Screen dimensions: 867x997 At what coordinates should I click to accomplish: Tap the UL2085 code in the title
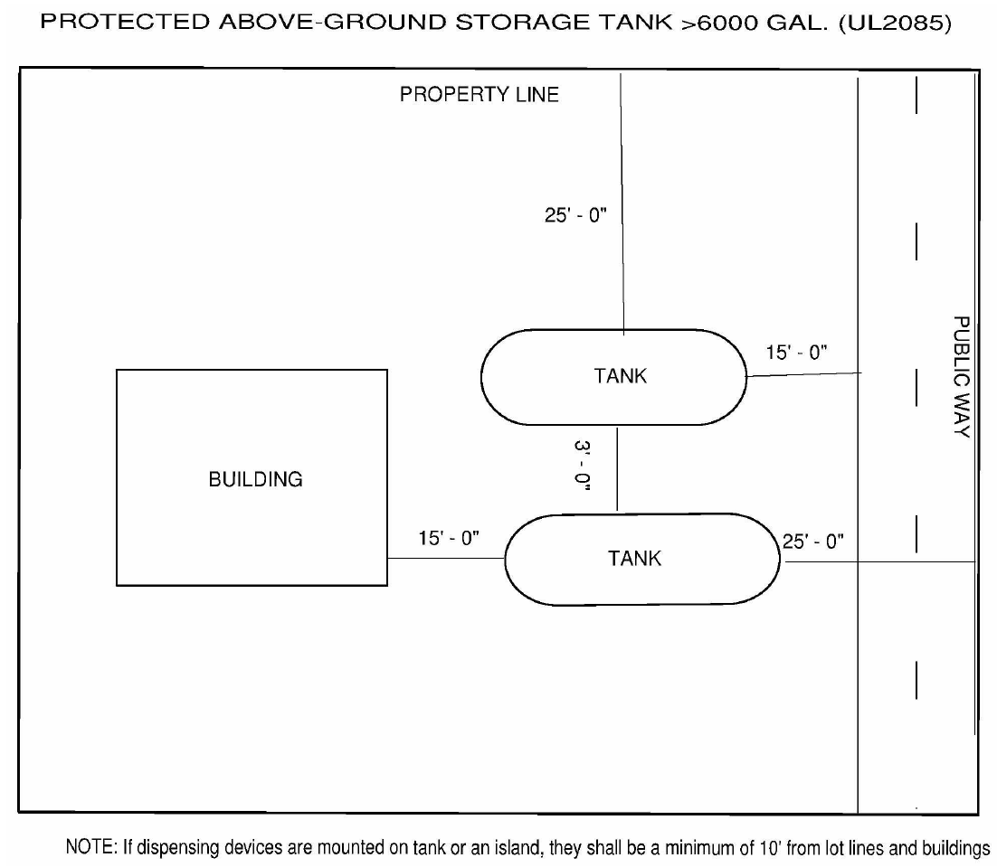click(x=896, y=24)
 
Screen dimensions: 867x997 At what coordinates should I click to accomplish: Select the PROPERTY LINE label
click(x=480, y=94)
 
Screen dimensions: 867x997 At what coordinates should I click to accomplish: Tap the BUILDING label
click(x=255, y=479)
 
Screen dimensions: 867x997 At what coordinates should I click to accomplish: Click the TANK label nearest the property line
click(x=621, y=376)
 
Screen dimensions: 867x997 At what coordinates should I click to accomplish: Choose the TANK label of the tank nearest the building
click(x=634, y=558)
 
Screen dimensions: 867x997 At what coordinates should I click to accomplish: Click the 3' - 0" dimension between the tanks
click(x=581, y=465)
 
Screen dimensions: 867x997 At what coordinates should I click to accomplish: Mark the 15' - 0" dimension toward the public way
click(x=797, y=353)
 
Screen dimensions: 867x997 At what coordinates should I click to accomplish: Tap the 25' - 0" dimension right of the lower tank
click(x=813, y=541)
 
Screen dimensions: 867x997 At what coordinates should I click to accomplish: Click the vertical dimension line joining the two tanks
click(x=617, y=469)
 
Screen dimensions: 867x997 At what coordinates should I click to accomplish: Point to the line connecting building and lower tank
click(x=445, y=559)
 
